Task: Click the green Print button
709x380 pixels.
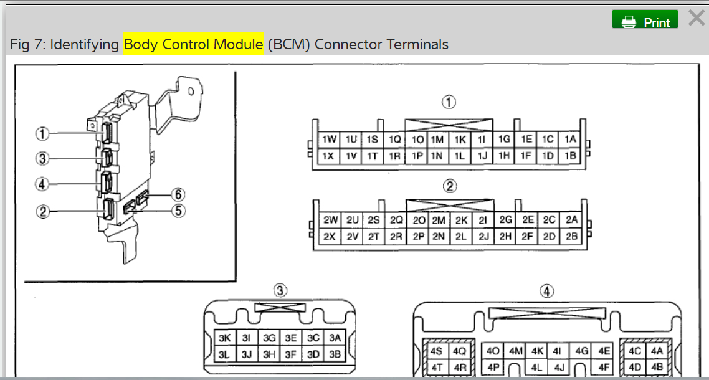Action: (x=645, y=21)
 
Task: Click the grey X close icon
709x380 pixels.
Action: (x=696, y=19)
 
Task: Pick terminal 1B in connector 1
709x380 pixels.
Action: (x=570, y=156)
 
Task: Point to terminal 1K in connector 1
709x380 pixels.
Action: (x=460, y=140)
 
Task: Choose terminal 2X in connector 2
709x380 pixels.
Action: (x=330, y=237)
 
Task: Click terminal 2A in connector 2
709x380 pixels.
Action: (x=571, y=220)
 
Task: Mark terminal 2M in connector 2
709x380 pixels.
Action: (x=439, y=220)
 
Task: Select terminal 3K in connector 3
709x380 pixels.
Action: (x=224, y=338)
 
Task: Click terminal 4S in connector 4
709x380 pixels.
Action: (x=437, y=351)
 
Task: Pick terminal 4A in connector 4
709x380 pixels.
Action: (x=656, y=351)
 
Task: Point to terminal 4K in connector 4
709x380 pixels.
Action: (x=537, y=351)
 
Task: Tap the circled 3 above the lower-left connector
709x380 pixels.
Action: (x=280, y=290)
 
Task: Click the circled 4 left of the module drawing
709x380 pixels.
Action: (x=42, y=184)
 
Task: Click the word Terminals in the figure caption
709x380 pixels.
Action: (x=417, y=44)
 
